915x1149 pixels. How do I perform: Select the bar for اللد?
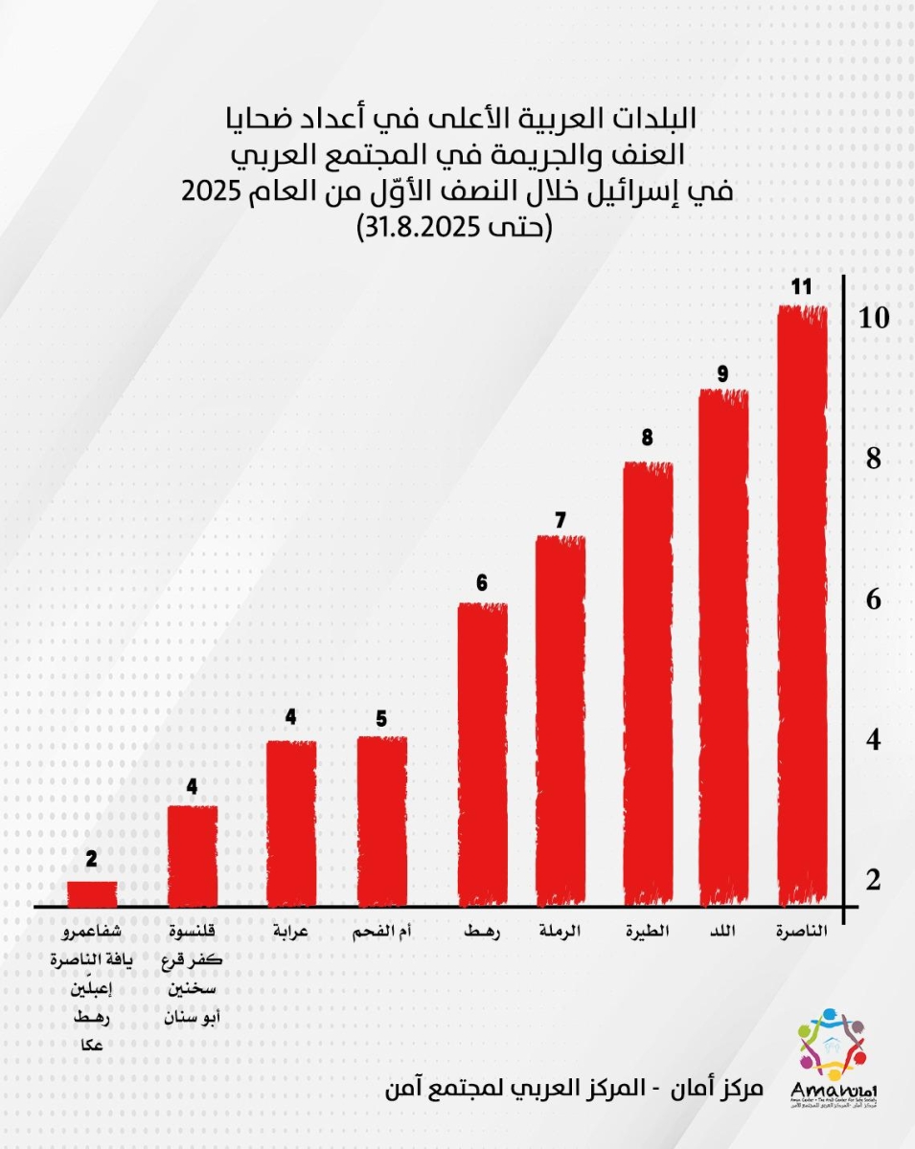(723, 647)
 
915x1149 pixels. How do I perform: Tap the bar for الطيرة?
(648, 684)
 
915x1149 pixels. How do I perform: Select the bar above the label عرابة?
(290, 823)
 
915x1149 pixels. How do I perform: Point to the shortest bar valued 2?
(92, 893)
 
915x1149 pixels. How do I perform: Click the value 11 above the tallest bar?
(802, 286)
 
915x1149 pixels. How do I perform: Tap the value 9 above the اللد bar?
(722, 371)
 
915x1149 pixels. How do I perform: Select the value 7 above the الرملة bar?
(560, 519)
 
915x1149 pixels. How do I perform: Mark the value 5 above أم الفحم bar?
(381, 718)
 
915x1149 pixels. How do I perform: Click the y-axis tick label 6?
(872, 600)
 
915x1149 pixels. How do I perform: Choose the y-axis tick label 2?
(872, 881)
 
